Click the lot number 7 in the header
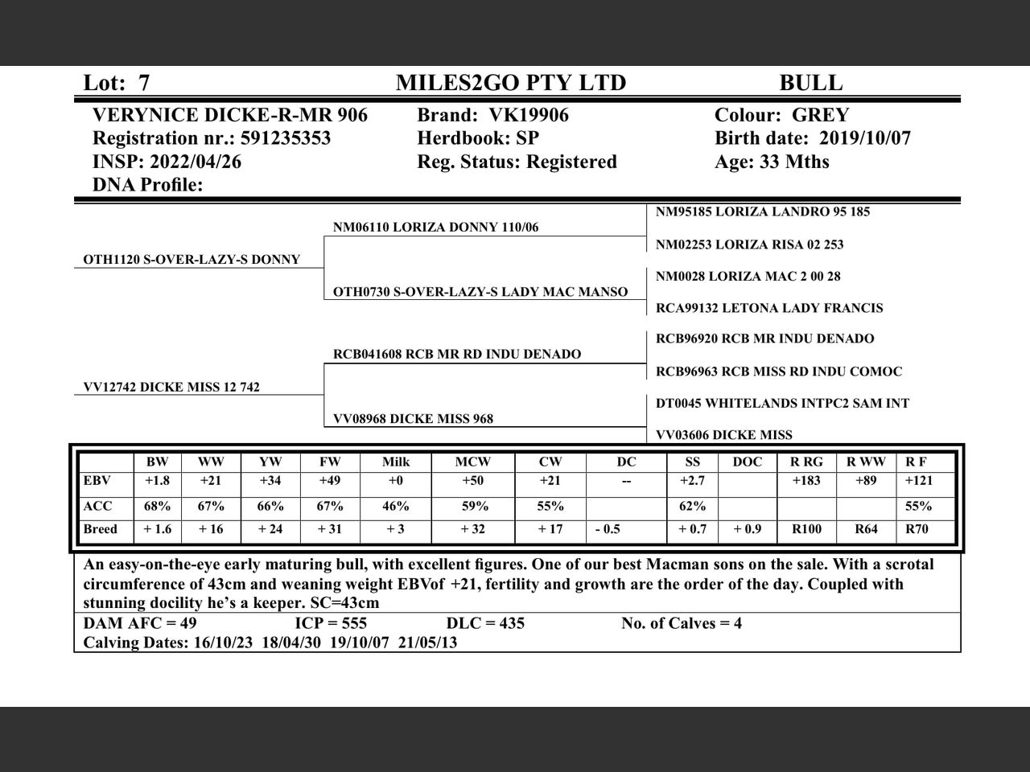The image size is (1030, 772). click(143, 83)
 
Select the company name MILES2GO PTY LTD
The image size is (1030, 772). click(510, 83)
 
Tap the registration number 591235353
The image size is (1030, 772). click(286, 138)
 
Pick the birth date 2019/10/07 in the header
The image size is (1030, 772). click(865, 138)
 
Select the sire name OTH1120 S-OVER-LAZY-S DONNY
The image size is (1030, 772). click(192, 260)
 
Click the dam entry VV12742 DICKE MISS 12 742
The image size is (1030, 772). click(171, 387)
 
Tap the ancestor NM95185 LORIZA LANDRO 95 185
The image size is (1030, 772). click(762, 211)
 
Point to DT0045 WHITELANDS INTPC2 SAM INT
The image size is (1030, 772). click(782, 403)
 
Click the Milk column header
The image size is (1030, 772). click(396, 462)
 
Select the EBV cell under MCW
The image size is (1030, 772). click(472, 481)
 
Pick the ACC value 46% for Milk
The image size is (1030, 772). click(395, 506)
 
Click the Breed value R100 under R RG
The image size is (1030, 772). click(806, 529)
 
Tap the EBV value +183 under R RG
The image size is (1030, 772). click(806, 481)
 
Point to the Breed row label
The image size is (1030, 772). click(101, 529)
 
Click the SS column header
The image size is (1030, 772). click(692, 462)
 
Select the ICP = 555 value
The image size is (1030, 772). click(331, 623)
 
